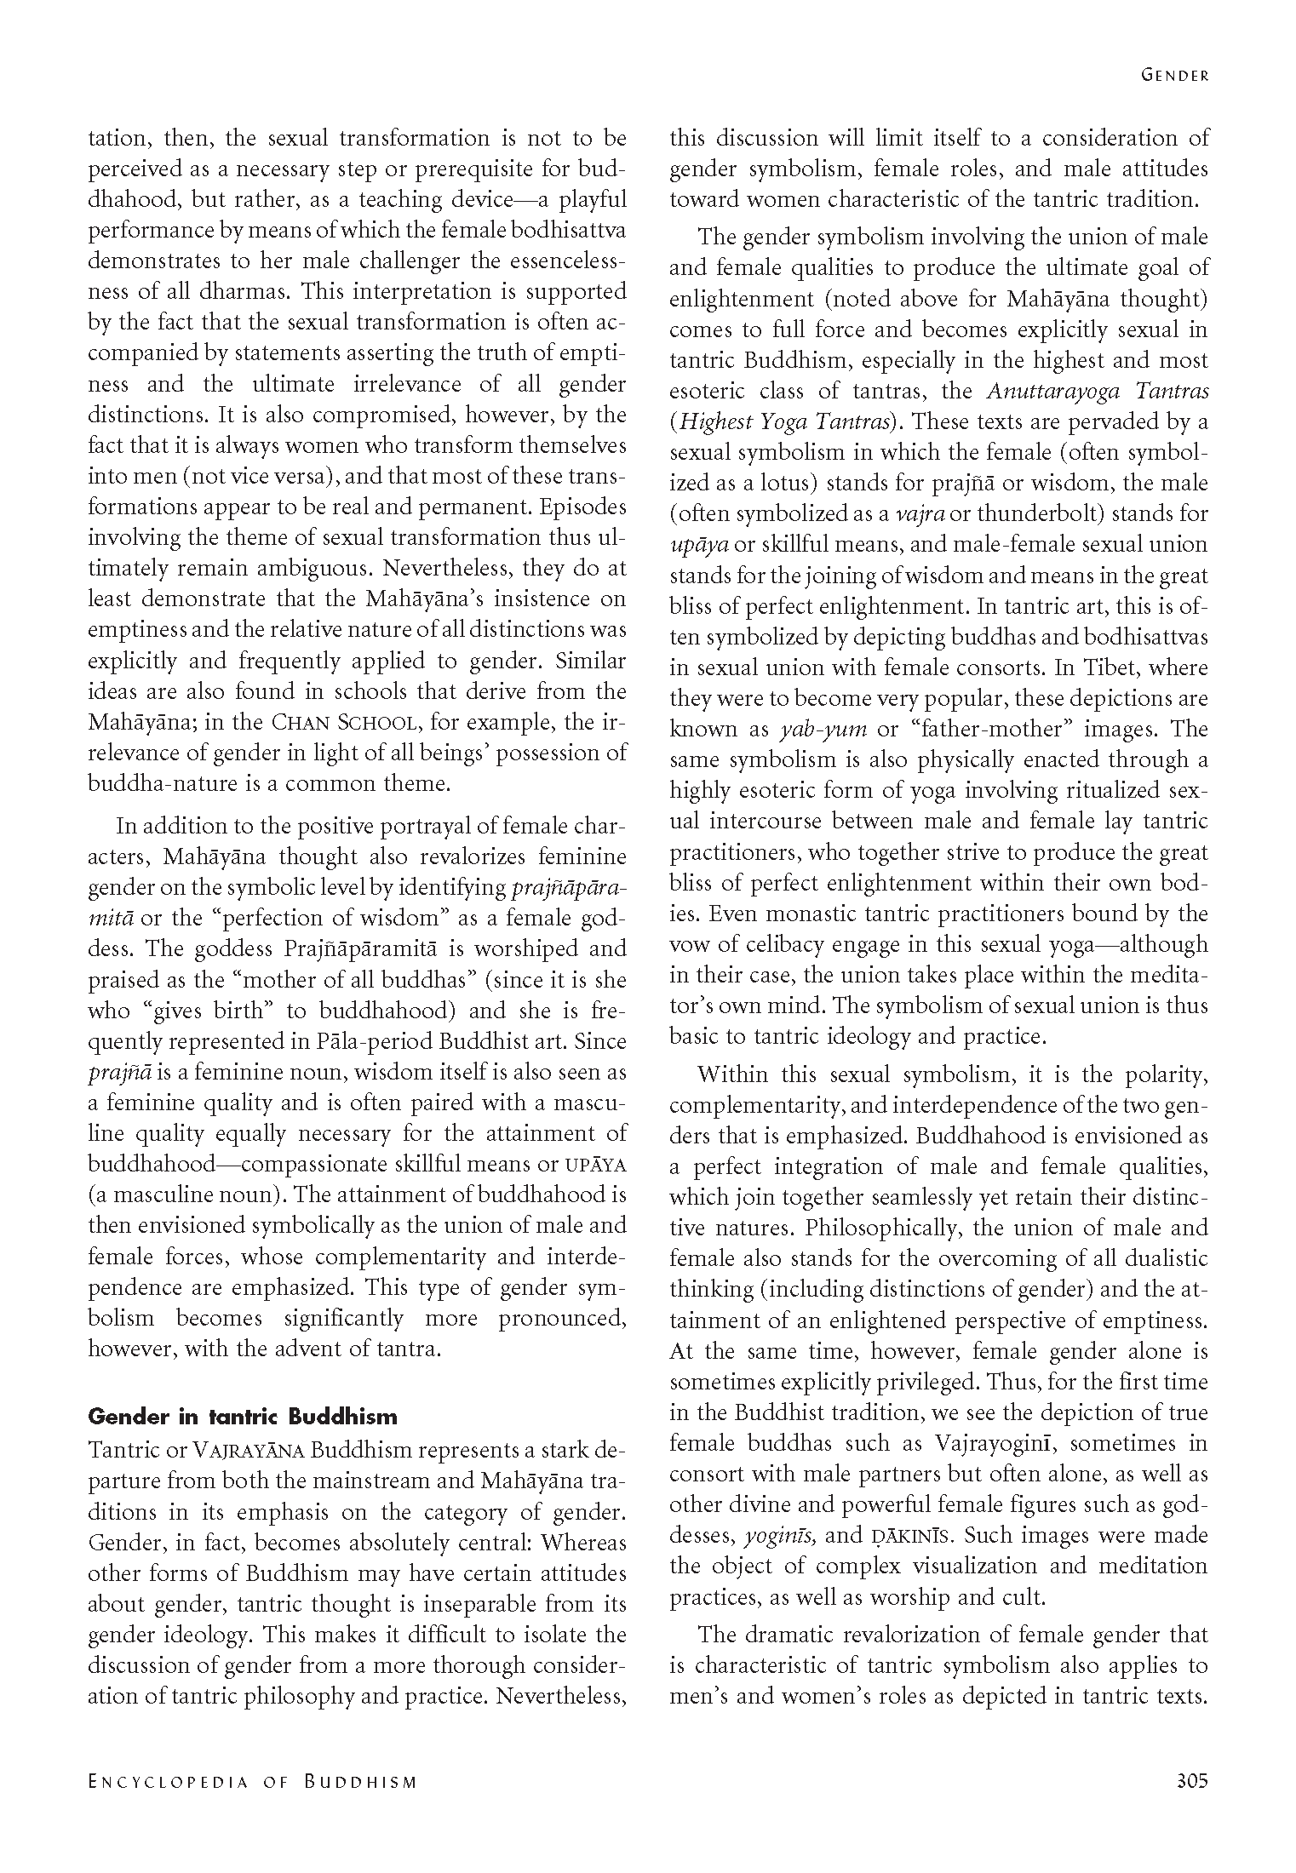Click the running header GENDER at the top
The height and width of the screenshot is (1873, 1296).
pos(1174,75)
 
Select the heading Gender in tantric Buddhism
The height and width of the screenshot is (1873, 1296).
pos(243,1417)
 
